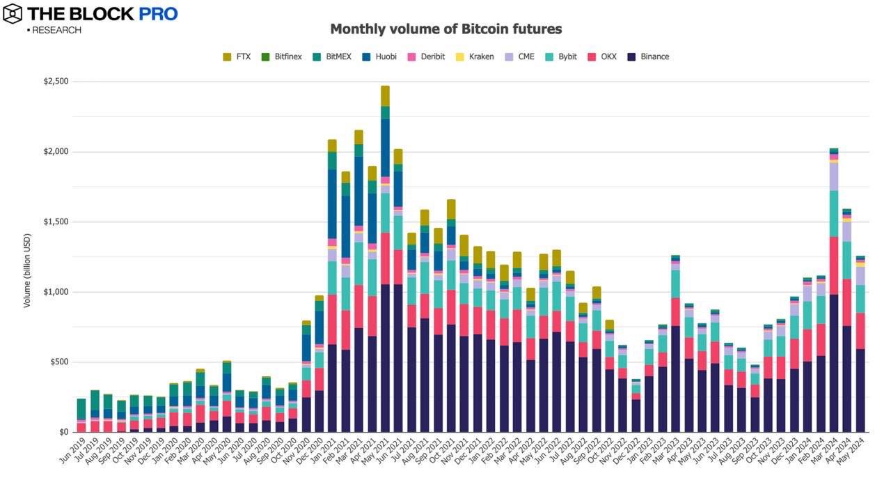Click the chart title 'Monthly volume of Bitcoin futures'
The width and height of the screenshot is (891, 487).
[x=445, y=29]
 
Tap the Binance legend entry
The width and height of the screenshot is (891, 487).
[x=648, y=56]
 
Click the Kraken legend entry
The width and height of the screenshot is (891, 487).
[x=474, y=56]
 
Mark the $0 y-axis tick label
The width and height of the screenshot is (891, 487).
[x=63, y=433]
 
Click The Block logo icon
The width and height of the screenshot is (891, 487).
[x=13, y=13]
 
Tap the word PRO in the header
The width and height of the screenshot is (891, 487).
[x=157, y=13]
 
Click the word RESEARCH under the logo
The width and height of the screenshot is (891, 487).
[x=56, y=31]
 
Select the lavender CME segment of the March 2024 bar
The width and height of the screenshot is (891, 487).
[x=833, y=176]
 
